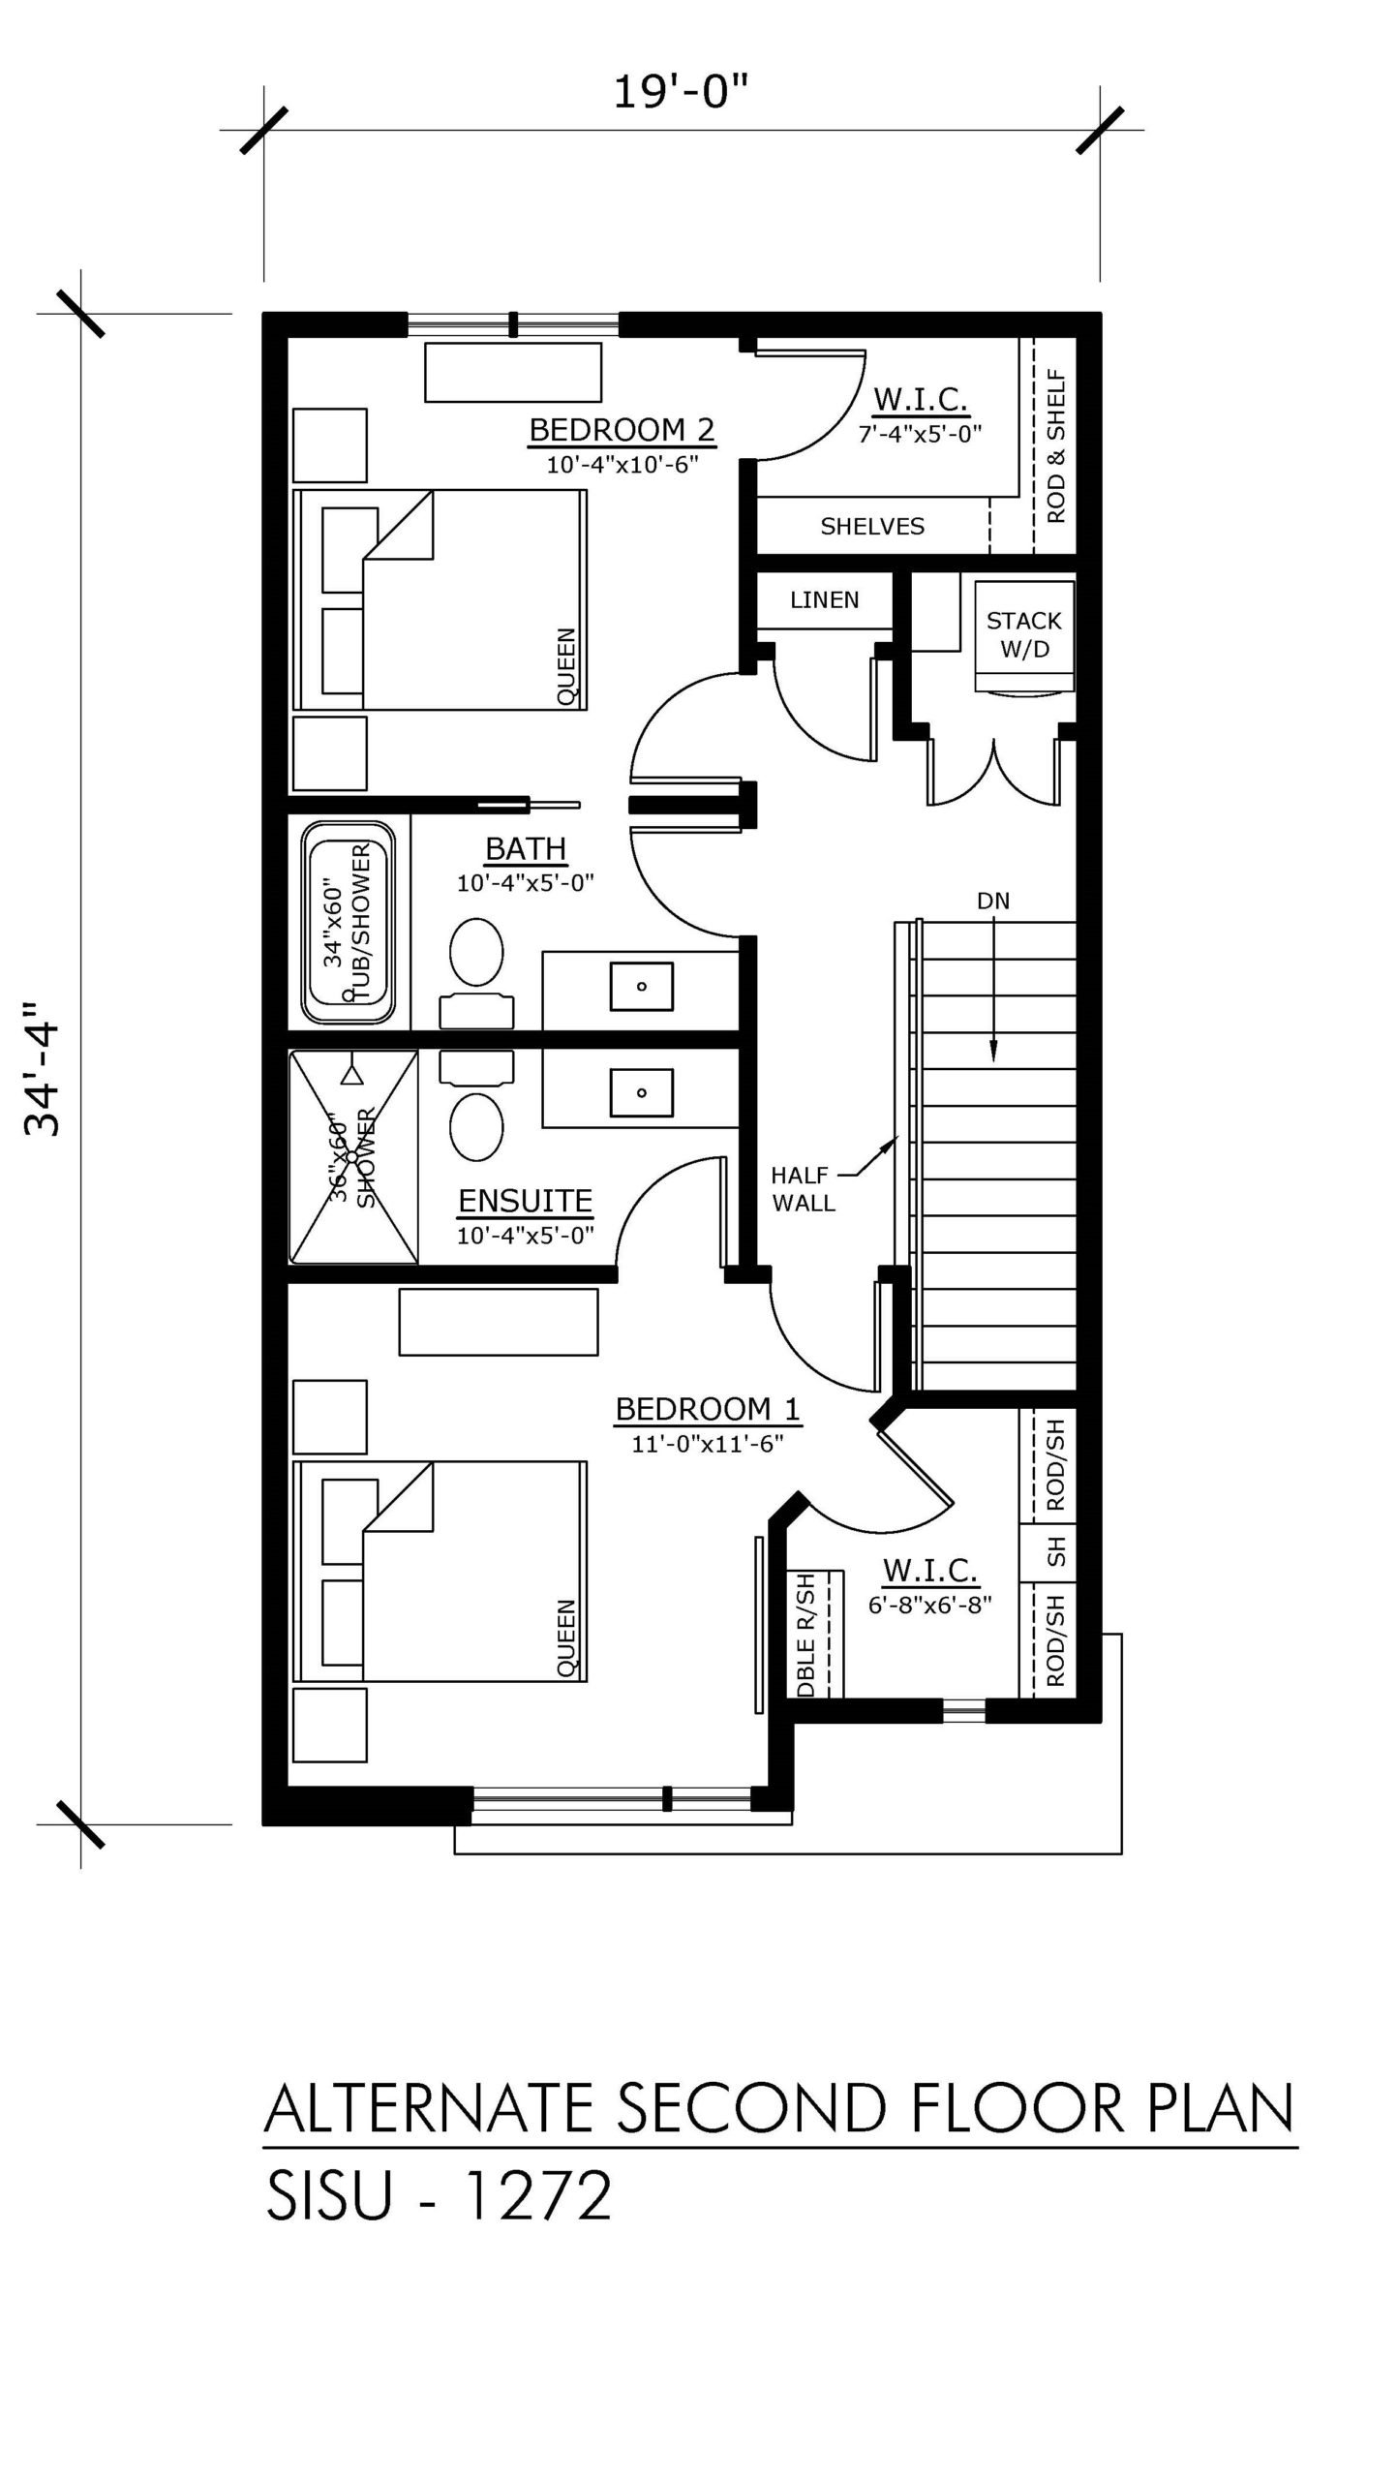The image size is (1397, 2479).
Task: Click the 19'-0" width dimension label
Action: tap(682, 94)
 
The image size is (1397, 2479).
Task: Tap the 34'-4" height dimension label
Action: tap(44, 1067)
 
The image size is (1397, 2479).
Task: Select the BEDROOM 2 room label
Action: tap(622, 429)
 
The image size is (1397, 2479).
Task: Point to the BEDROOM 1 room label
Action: tap(708, 1409)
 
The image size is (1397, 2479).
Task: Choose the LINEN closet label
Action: tap(824, 600)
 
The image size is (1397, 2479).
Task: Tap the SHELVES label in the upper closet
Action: tap(872, 527)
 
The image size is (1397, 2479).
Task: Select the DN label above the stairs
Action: tap(993, 902)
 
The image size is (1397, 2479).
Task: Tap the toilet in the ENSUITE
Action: tap(476, 1106)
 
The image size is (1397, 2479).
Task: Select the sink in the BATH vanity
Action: tap(641, 987)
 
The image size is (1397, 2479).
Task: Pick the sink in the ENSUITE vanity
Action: tap(641, 1092)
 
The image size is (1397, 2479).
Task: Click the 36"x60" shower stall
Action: tap(353, 1157)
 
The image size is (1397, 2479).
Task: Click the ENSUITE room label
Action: tap(525, 1202)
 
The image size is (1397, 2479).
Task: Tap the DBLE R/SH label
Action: tap(806, 1635)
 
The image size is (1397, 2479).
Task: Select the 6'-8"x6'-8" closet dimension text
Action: tap(929, 1606)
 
